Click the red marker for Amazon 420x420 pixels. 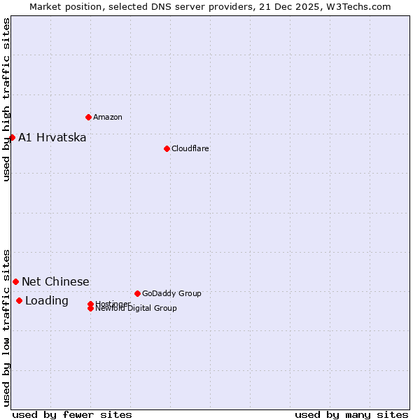click(x=88, y=117)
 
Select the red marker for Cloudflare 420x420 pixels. click(x=167, y=148)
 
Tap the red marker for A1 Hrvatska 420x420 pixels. click(x=12, y=137)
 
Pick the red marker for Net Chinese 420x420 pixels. click(x=15, y=281)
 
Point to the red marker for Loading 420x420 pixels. click(x=19, y=301)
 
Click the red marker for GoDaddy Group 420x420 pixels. click(x=137, y=293)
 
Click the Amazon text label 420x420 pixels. click(x=108, y=117)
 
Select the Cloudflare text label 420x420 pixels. click(x=190, y=148)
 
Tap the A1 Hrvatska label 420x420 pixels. click(x=52, y=137)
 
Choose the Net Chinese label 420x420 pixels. click(x=56, y=281)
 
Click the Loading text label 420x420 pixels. click(x=47, y=301)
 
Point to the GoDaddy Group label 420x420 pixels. click(x=171, y=293)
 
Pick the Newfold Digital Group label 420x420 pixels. click(x=136, y=309)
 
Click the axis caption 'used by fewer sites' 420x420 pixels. click(x=72, y=414)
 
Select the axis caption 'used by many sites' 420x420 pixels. click(x=351, y=414)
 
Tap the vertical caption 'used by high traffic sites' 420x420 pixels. click(x=6, y=100)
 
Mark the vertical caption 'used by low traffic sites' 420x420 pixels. click(x=6, y=328)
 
